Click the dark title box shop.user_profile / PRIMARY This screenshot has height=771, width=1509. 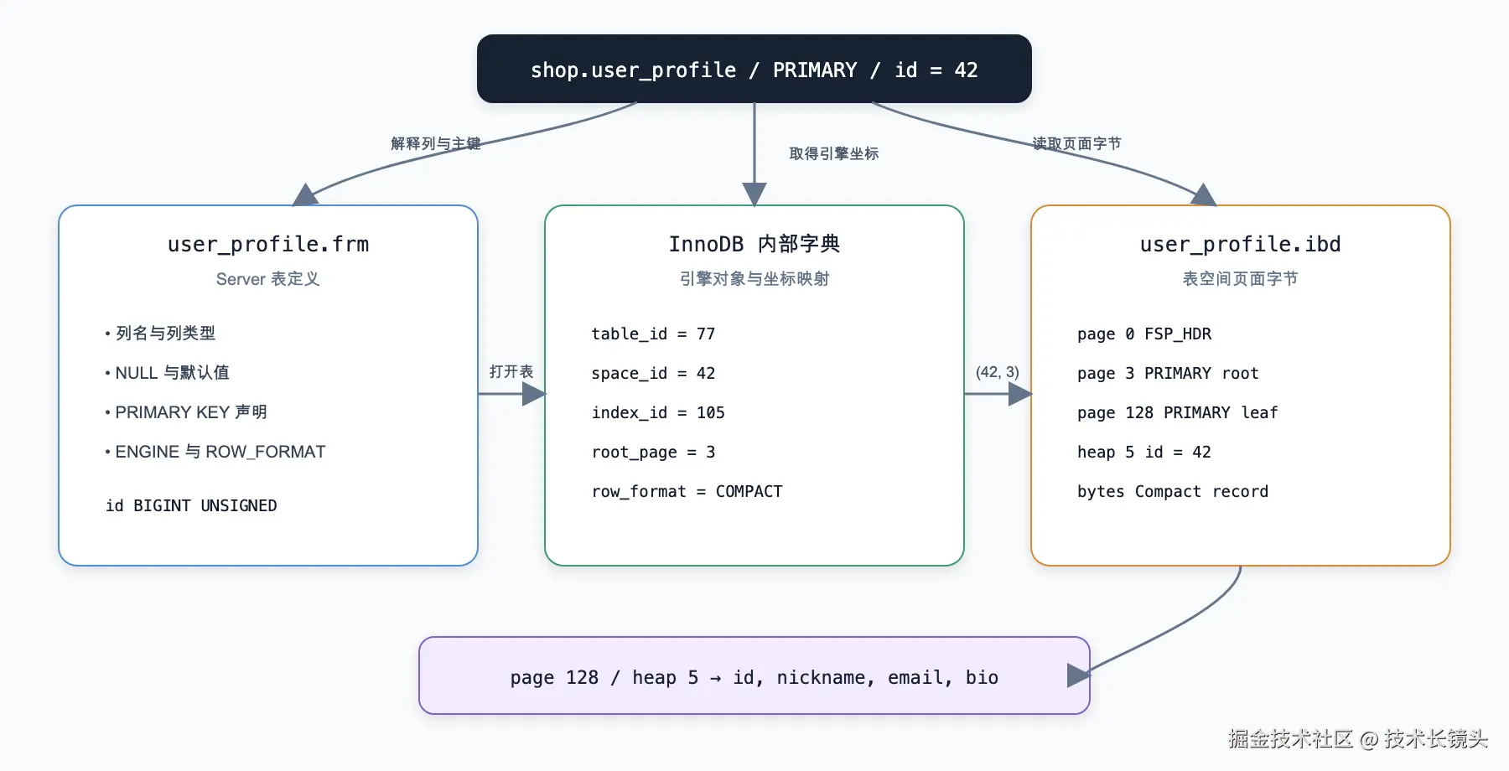click(x=754, y=69)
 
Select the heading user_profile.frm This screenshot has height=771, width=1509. click(x=268, y=244)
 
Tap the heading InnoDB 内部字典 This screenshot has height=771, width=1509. click(x=754, y=244)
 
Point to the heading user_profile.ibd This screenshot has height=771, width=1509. click(x=1241, y=244)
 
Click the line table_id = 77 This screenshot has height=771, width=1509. click(x=653, y=334)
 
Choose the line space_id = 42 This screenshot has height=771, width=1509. click(x=653, y=373)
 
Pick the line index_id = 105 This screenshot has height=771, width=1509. click(x=658, y=412)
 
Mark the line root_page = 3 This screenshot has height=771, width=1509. click(x=653, y=452)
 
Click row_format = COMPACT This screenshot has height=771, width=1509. click(x=687, y=491)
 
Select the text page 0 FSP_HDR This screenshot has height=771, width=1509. click(x=1144, y=334)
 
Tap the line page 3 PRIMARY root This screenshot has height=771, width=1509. click(x=1168, y=373)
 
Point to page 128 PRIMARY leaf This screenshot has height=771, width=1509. click(x=1178, y=412)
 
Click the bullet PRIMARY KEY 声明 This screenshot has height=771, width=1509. click(x=186, y=412)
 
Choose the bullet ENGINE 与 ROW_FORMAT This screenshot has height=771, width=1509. click(x=215, y=452)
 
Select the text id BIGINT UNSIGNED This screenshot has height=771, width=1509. click(x=191, y=505)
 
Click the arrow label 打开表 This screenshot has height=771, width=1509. click(x=511, y=371)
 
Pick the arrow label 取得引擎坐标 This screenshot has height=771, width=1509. click(x=834, y=153)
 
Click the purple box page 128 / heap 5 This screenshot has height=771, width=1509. click(x=754, y=675)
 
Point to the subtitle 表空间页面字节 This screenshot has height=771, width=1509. click(x=1241, y=278)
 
